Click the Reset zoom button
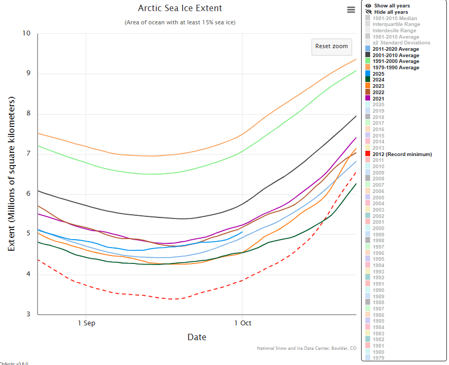click(331, 47)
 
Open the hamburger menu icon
click(351, 10)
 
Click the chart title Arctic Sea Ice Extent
click(180, 8)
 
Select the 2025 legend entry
click(379, 74)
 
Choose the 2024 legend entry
click(379, 80)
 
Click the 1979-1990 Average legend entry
click(396, 68)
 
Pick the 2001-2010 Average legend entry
click(396, 55)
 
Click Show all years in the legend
click(391, 6)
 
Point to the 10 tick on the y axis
click(26, 33)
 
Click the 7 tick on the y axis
click(28, 154)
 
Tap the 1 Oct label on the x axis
click(243, 323)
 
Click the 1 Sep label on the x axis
click(86, 323)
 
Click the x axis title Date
click(196, 337)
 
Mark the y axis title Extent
click(12, 174)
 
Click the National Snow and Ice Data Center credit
click(307, 348)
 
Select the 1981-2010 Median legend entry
click(394, 18)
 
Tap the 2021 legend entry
click(379, 98)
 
